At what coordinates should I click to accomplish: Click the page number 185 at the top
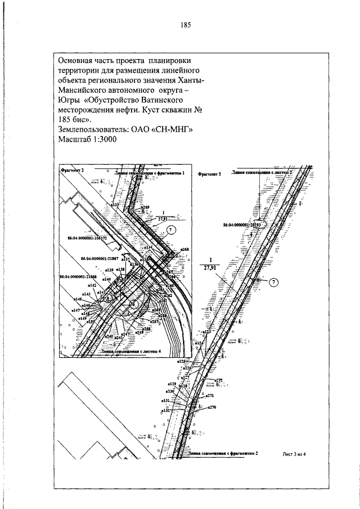[x=186, y=25]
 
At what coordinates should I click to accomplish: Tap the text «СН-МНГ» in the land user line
[x=173, y=129]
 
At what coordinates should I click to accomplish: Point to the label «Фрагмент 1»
[x=210, y=175]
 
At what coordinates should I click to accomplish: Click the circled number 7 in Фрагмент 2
[x=172, y=228]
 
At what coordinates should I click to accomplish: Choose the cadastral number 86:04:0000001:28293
[x=242, y=224]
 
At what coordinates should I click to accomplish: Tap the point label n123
[x=206, y=332]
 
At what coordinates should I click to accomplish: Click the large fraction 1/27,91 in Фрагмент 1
[x=211, y=264]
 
